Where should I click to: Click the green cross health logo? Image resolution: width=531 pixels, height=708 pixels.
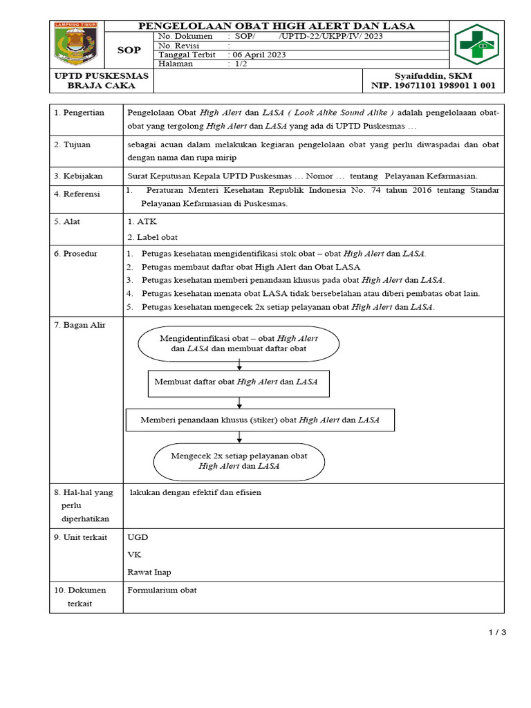[x=477, y=45]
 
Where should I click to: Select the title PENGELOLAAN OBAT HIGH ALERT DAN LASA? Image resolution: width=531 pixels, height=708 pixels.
[x=277, y=26]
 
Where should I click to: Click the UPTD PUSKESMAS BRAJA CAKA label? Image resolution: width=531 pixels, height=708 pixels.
[x=101, y=80]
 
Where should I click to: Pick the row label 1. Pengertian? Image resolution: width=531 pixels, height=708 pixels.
[x=80, y=113]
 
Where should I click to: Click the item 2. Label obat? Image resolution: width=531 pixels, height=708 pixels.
[x=152, y=237]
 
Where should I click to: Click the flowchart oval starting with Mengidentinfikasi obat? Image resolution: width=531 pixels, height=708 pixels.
[x=239, y=344]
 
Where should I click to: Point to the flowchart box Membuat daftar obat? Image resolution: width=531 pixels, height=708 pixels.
[x=239, y=382]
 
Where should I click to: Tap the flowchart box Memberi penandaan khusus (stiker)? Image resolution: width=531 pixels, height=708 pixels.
[x=260, y=420]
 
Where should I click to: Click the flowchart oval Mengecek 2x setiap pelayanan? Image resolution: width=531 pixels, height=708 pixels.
[x=239, y=461]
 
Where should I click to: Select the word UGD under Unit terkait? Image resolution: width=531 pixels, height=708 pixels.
[x=138, y=537]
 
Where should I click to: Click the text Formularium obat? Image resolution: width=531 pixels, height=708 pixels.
[x=162, y=590]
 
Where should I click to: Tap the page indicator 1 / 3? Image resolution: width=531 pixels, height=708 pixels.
[x=498, y=632]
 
